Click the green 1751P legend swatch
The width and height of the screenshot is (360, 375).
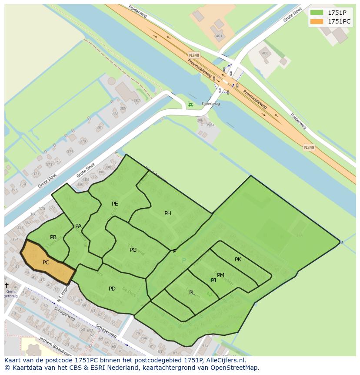coord(317,12)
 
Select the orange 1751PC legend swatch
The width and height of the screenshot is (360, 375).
coord(317,21)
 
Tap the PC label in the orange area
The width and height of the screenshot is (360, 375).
coord(46,263)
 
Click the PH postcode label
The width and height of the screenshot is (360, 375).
coord(168,213)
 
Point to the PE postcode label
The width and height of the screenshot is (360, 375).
coord(115,203)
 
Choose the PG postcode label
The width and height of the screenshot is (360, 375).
coord(133,250)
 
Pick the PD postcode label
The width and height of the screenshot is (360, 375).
coord(112,289)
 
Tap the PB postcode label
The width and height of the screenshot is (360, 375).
coord(53,237)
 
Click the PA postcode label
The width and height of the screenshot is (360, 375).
coord(78,226)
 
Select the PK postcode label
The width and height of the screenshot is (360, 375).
coord(238,260)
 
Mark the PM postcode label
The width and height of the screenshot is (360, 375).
coord(220,275)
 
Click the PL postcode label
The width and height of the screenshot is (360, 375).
coord(192,293)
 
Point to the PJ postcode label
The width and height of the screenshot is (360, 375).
coord(213,280)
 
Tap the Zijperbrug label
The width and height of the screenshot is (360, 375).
coord(210,104)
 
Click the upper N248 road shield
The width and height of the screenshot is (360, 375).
coord(194,55)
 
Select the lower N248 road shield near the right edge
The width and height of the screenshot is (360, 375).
coord(309,148)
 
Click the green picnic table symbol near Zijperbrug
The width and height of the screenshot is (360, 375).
coord(190,105)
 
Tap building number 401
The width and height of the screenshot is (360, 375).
coord(219,36)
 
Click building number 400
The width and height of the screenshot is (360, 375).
coord(265,54)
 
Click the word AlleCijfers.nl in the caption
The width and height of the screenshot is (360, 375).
coord(225,360)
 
